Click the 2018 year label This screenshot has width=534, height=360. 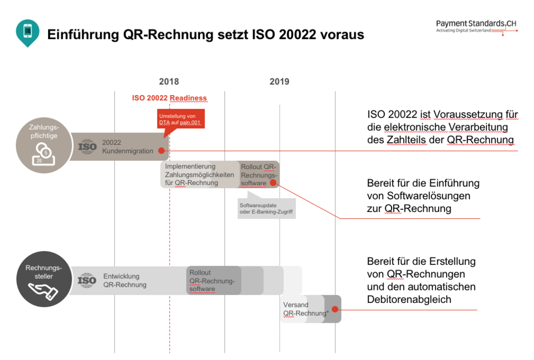click(169, 82)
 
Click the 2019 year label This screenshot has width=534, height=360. click(279, 82)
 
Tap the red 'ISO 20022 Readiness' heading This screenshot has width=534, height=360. click(169, 98)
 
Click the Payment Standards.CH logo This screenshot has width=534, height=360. click(476, 27)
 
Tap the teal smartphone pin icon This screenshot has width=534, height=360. click(27, 31)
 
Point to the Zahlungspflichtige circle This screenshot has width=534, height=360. click(43, 145)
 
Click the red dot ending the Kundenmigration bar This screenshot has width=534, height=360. click(161, 151)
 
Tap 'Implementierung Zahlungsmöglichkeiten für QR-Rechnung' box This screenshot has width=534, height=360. click(198, 175)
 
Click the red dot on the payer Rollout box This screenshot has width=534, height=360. click(273, 183)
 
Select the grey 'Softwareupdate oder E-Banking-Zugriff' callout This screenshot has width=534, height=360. click(266, 208)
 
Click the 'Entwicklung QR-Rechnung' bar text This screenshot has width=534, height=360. click(125, 280)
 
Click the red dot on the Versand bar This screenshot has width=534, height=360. click(335, 309)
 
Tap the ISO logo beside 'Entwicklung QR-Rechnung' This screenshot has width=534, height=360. click(87, 281)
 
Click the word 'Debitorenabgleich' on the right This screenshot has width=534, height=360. click(409, 300)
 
